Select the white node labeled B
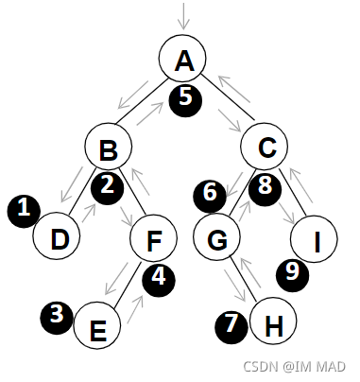(109, 148)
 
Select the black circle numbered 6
(210, 193)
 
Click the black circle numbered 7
(231, 325)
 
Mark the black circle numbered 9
(293, 273)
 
